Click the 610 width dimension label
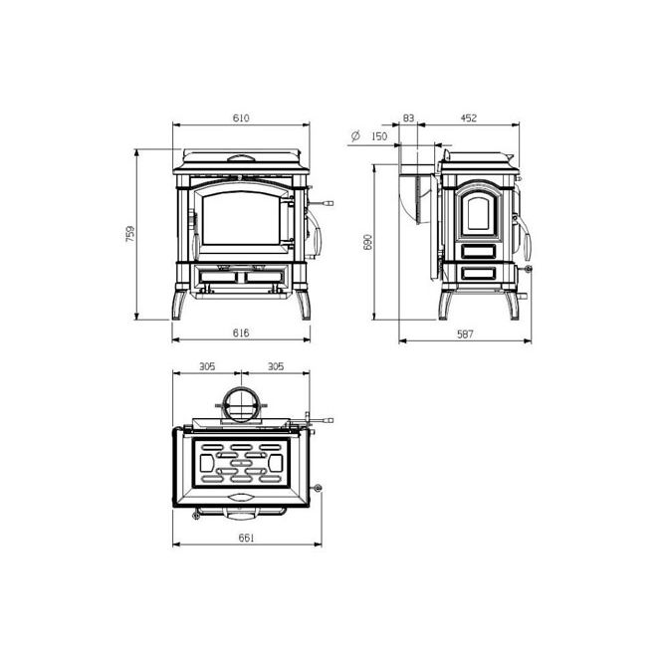pos(241,117)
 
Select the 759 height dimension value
pos(130,234)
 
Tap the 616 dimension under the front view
pos(241,332)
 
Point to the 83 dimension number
pos(408,118)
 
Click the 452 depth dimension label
pos(468,118)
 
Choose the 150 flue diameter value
pos(379,136)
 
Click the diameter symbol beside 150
pos(355,135)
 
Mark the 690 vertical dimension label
pos(368,242)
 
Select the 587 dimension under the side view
pos(465,333)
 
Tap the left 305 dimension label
pos(207,366)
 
